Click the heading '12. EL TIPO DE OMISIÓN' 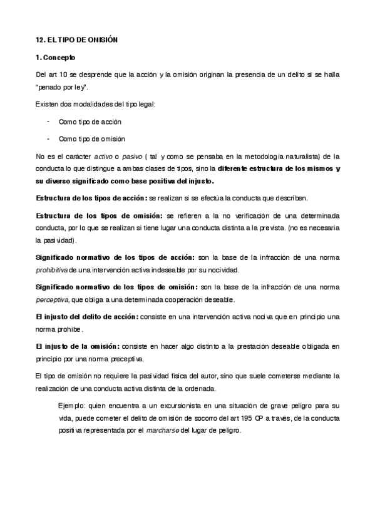click(x=77, y=39)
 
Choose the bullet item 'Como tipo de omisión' click(x=91, y=138)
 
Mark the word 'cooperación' click(x=192, y=300)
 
